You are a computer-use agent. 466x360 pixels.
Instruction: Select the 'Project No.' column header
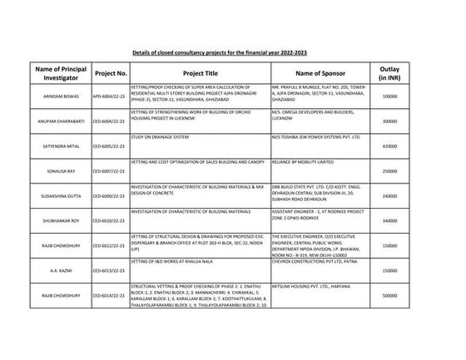[111, 73]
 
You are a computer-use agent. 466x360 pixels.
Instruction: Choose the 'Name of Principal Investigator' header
[63, 73]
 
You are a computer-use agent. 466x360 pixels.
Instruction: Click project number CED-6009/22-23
[111, 196]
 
